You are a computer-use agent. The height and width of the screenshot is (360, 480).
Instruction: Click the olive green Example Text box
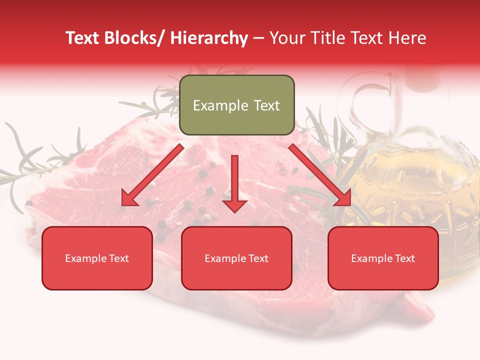236,105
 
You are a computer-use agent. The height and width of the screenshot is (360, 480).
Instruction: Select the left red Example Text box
97,258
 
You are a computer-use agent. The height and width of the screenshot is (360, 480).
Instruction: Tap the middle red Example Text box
236,258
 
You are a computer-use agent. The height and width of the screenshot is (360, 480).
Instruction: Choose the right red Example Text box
383,258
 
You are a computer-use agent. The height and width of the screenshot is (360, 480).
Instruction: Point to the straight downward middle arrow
234,180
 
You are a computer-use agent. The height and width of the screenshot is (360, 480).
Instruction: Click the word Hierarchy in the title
208,38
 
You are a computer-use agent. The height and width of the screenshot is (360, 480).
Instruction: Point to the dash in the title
258,38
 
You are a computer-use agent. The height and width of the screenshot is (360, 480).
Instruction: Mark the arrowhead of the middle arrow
234,205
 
